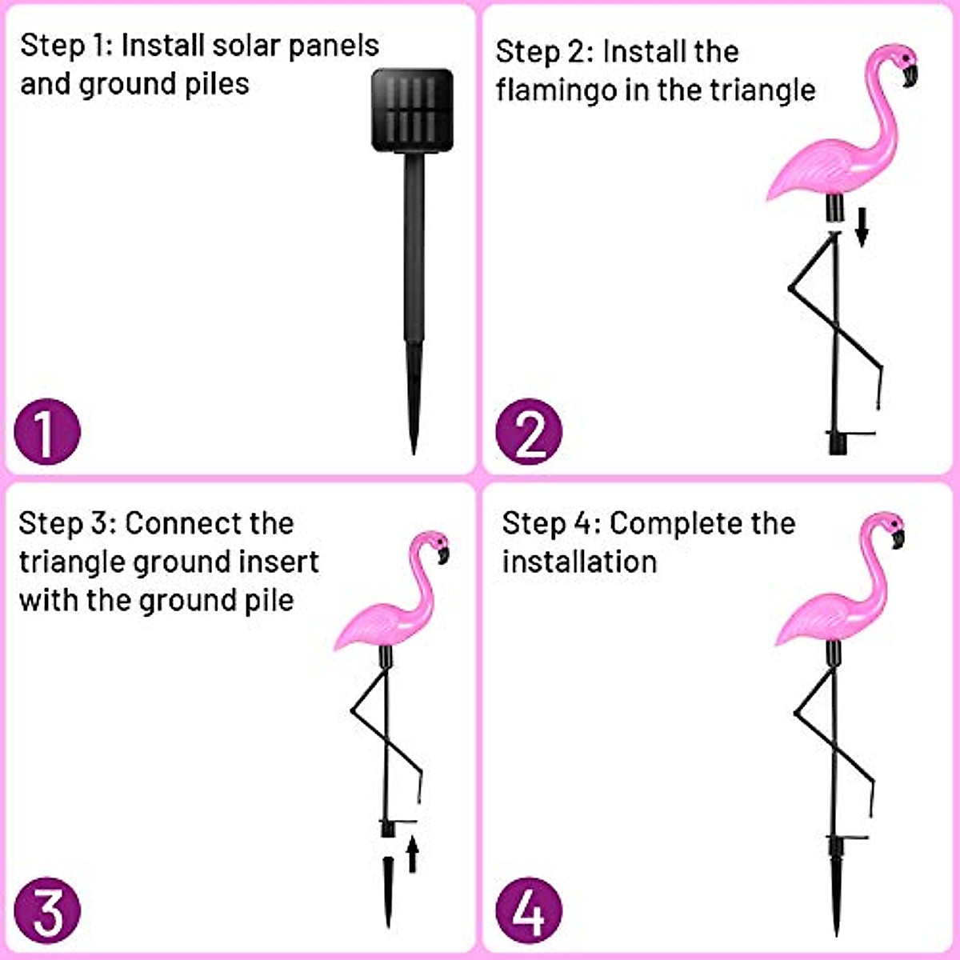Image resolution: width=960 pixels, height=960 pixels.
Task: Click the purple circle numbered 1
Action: pyautogui.click(x=48, y=433)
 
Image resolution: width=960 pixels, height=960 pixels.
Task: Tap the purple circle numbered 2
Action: pyautogui.click(x=529, y=433)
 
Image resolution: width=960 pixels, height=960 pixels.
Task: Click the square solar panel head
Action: pyautogui.click(x=413, y=110)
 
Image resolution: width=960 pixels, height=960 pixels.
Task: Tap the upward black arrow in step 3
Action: pyautogui.click(x=412, y=854)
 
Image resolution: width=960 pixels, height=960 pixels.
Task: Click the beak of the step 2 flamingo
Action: pyautogui.click(x=910, y=76)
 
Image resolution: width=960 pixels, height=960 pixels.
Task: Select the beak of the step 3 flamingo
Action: pyautogui.click(x=442, y=554)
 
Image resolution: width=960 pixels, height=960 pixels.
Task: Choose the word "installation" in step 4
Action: pyautogui.click(x=579, y=562)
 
